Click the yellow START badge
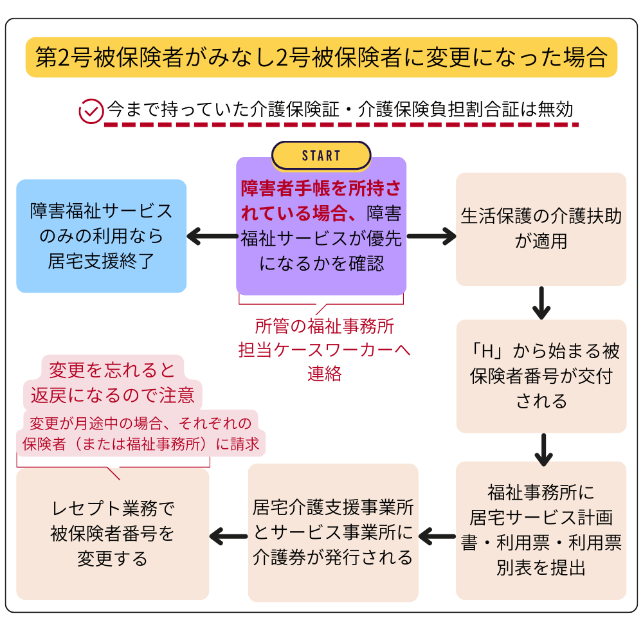pos(321,156)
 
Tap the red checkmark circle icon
pos(91,111)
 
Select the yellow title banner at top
pos(321,57)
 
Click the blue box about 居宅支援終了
pos(101,236)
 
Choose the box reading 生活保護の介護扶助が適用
pos(541,229)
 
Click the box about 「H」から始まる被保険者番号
pos(541,376)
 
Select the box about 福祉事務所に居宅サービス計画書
pos(541,530)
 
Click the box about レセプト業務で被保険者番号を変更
pos(113,534)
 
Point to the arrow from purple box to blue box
pos(212,237)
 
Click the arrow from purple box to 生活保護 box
pos(431,237)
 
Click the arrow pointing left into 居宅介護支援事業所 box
pos(437,534)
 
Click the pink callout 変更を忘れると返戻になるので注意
pos(113,383)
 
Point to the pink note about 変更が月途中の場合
pos(140,433)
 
